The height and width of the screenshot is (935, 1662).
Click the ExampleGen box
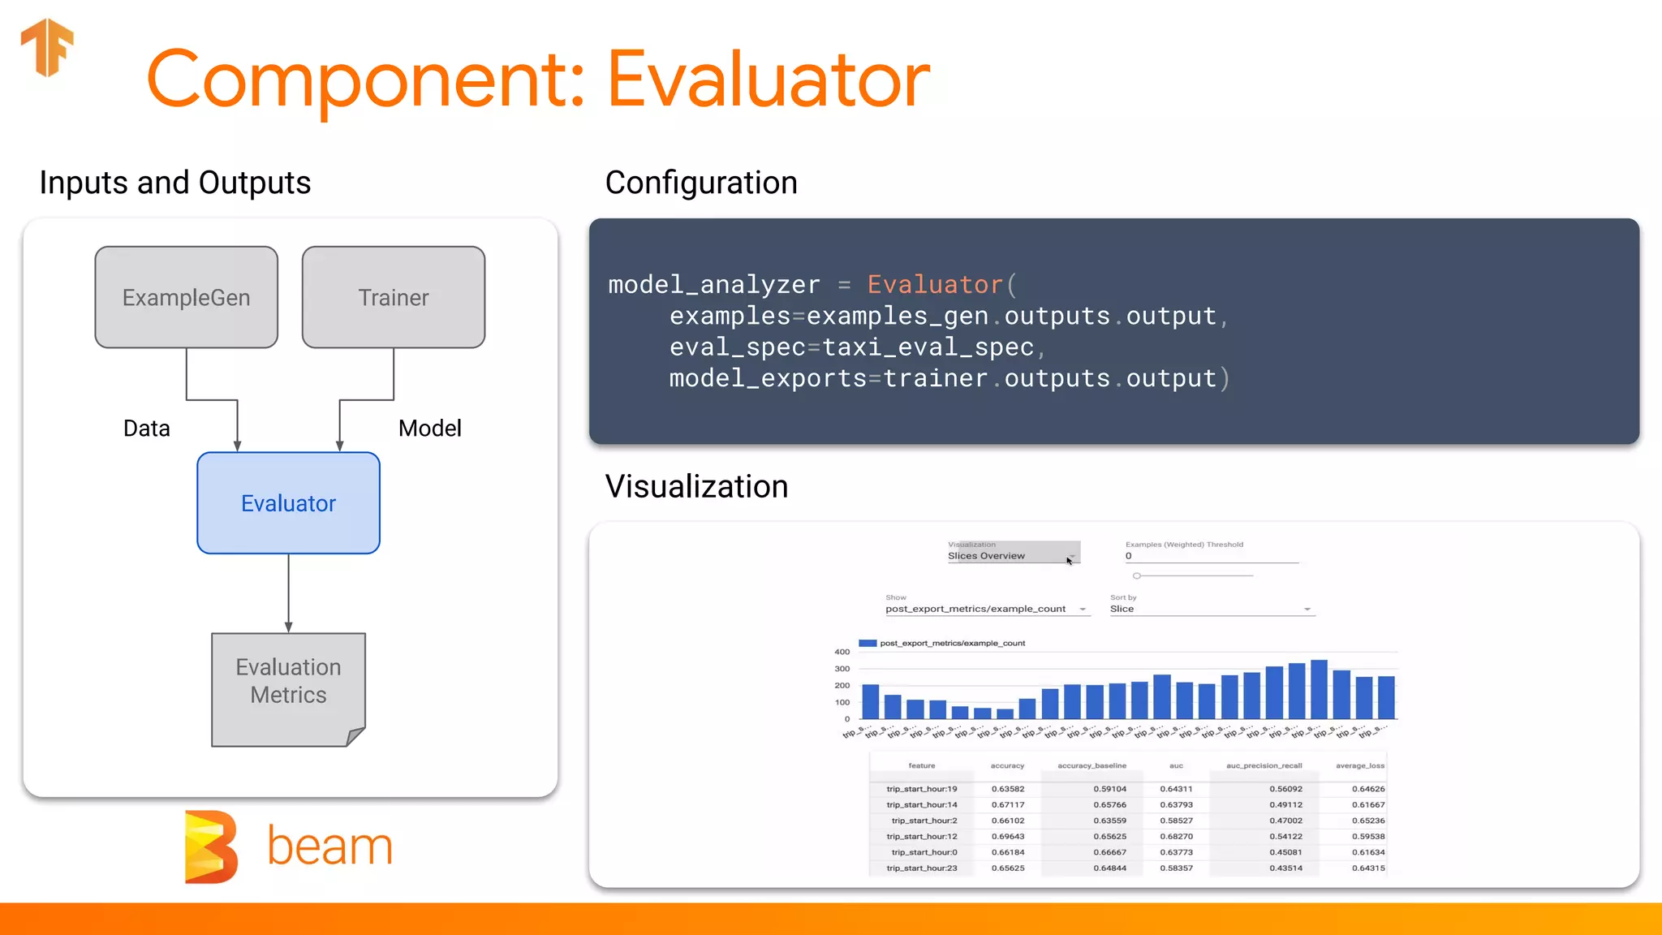pyautogui.click(x=186, y=297)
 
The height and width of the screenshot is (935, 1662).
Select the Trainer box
pyautogui.click(x=394, y=297)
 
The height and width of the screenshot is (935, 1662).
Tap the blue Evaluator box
pyautogui.click(x=288, y=503)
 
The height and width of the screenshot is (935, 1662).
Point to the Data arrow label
pyautogui.click(x=147, y=429)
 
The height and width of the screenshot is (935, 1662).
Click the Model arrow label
pyautogui.click(x=429, y=429)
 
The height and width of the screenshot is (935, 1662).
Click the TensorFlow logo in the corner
pyautogui.click(x=47, y=47)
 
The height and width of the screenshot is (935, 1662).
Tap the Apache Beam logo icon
pyautogui.click(x=211, y=847)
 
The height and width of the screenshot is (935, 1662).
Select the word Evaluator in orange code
pyautogui.click(x=935, y=285)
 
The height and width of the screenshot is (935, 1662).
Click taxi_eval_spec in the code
pyautogui.click(x=928, y=347)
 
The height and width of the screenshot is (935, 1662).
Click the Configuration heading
pyautogui.click(x=701, y=183)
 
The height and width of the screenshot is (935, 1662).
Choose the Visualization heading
pyautogui.click(x=696, y=487)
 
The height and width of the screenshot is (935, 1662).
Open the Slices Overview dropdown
pyautogui.click(x=1013, y=555)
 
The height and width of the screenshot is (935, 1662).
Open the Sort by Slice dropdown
pyautogui.click(x=1211, y=609)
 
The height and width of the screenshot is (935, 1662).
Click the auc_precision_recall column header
pyautogui.click(x=1264, y=765)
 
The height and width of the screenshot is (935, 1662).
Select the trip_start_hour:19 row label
pyautogui.click(x=921, y=789)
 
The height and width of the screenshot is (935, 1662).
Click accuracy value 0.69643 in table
pyautogui.click(x=1007, y=836)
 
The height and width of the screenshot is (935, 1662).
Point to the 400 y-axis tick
pyautogui.click(x=842, y=652)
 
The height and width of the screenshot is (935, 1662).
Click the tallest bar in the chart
pyautogui.click(x=1319, y=690)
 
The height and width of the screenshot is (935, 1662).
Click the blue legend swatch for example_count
pyautogui.click(x=868, y=643)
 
